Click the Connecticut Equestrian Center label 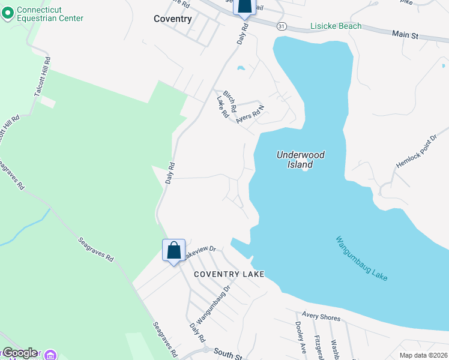(50, 14)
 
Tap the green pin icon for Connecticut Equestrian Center (8, 14)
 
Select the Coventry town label (172, 19)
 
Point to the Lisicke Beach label (336, 26)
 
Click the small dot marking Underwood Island (305, 169)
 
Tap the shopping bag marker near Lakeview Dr (173, 251)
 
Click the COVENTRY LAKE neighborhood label (229, 274)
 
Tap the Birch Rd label (230, 98)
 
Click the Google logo (19, 353)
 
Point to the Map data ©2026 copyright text (424, 355)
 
